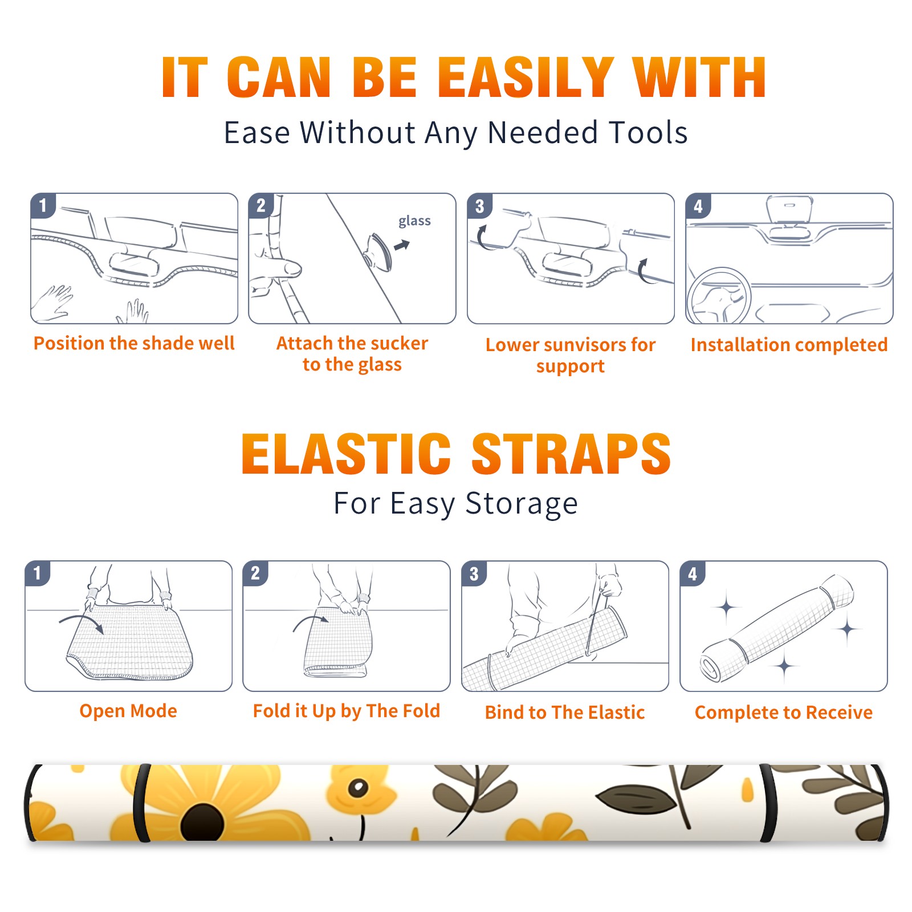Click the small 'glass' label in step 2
(x=414, y=221)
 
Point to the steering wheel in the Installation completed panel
(x=719, y=296)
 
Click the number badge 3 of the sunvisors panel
(x=479, y=206)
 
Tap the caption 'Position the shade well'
(x=134, y=343)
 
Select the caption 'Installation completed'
(x=789, y=344)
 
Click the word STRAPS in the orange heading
(x=571, y=454)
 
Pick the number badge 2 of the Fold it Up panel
(x=255, y=573)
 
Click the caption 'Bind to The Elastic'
(x=565, y=712)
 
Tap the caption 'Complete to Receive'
(x=784, y=712)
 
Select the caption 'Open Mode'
(x=128, y=711)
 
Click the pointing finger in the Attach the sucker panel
(x=279, y=267)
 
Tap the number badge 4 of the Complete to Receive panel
(x=693, y=573)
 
